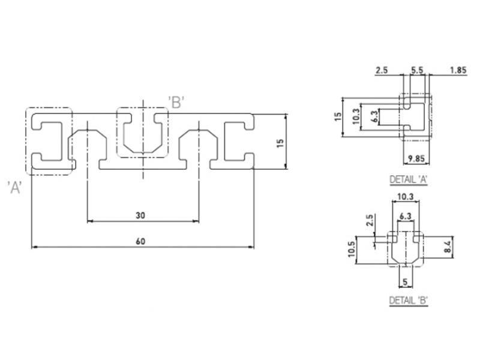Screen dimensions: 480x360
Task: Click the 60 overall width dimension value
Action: pos(140,242)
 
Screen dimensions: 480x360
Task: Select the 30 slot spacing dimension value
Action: pos(140,215)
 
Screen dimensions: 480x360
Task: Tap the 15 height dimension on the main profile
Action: pos(280,143)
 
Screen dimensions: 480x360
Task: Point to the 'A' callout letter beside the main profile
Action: pos(14,187)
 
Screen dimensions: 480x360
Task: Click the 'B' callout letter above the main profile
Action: pos(176,102)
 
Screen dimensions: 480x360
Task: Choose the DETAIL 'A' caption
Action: pos(409,179)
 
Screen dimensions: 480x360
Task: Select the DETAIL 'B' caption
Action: pos(409,301)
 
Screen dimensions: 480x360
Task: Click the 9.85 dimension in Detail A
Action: pos(416,158)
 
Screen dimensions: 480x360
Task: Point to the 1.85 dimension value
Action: pos(458,70)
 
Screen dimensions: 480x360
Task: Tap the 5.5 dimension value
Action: pos(417,70)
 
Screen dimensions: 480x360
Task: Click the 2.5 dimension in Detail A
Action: pos(382,70)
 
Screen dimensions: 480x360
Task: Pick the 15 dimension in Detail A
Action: pos(338,116)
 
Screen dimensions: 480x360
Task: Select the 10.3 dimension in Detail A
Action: pos(356,116)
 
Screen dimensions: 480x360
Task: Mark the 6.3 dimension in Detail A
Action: pos(376,116)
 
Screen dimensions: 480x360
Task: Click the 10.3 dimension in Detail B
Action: pos(406,197)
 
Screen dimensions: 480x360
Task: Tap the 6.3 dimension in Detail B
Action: pos(406,216)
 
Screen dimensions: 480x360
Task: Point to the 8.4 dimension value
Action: pos(448,247)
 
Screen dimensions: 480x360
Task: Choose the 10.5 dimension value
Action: pos(352,249)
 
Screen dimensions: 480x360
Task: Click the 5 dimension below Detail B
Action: pos(406,281)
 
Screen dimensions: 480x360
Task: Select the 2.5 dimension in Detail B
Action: pos(370,220)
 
